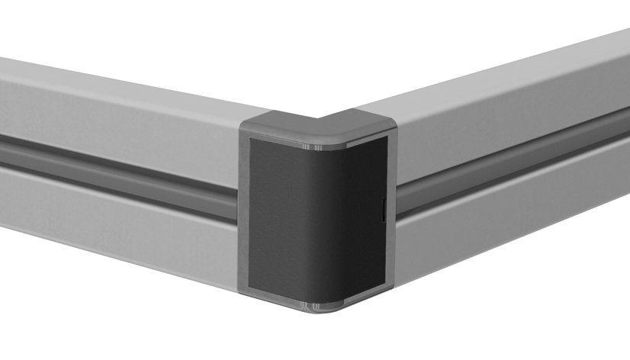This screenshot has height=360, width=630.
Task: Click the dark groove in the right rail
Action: (x=519, y=164)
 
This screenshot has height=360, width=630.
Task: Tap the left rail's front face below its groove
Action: (x=114, y=221)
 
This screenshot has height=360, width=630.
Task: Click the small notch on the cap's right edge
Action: (x=382, y=211)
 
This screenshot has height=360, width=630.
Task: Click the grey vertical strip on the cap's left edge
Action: (x=244, y=214)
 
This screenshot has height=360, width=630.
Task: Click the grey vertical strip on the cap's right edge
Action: (x=389, y=214)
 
